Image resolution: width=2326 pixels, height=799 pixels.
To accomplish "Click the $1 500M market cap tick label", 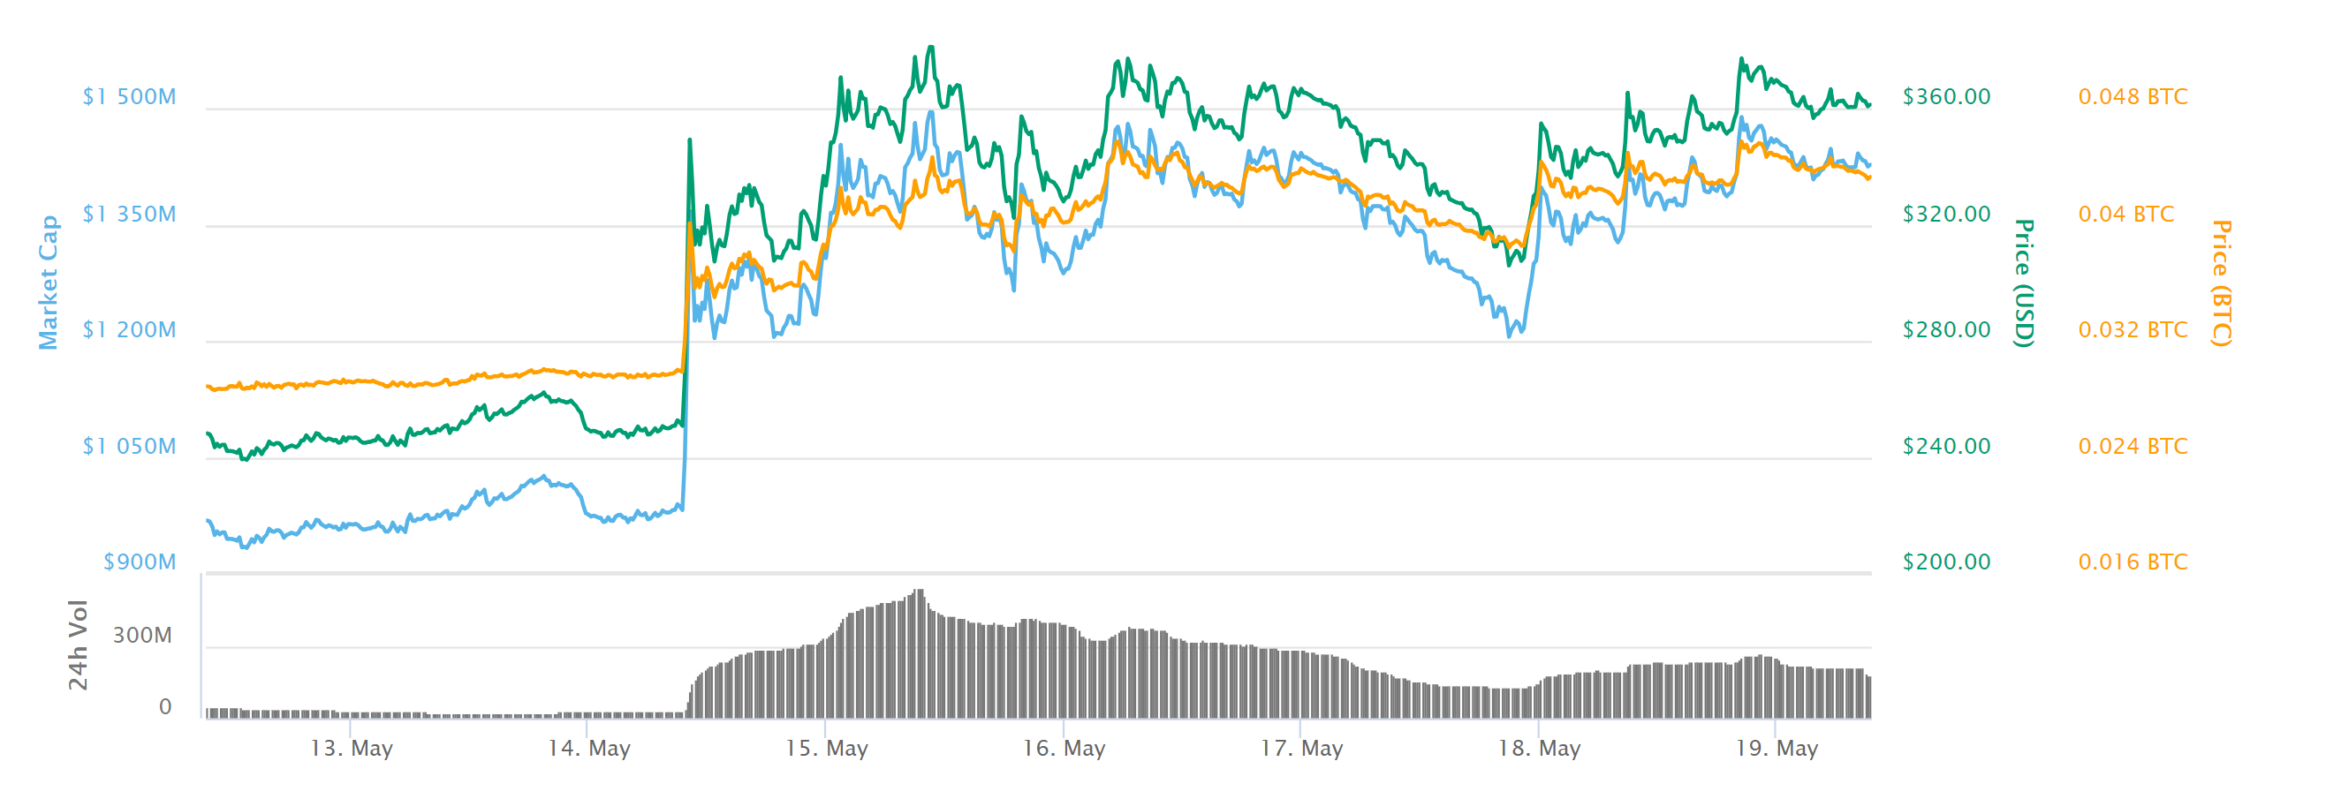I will click(129, 96).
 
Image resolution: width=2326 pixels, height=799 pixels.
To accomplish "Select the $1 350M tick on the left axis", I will click(129, 214).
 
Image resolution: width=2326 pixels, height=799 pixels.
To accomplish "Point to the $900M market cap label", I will click(139, 562).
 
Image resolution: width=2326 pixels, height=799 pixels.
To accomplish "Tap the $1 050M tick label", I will click(129, 446).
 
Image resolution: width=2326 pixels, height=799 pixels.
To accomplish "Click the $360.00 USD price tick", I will click(1946, 96).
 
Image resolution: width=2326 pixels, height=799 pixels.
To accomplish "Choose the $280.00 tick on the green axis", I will click(1946, 329).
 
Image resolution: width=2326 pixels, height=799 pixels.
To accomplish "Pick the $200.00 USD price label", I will click(1946, 562).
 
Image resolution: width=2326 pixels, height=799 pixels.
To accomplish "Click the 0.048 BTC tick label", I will click(2133, 96).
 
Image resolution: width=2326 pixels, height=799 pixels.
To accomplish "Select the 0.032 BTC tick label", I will click(2133, 329).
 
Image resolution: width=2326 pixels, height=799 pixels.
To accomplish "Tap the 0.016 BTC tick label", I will click(2133, 562).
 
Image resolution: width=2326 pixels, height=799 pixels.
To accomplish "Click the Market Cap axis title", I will click(48, 283).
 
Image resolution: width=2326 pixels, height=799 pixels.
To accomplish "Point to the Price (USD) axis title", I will click(2025, 283).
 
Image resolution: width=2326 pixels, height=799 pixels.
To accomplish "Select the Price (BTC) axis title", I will click(2221, 283).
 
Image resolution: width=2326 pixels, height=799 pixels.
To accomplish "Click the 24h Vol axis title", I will click(79, 644).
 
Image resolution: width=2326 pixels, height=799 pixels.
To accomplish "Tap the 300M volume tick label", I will click(141, 636).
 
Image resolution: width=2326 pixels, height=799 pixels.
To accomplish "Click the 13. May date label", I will click(352, 749).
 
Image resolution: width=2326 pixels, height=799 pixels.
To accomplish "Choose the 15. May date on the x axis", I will click(826, 749).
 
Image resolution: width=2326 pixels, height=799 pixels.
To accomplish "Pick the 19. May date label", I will click(1777, 749).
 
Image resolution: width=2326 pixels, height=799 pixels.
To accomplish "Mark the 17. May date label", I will click(1301, 749).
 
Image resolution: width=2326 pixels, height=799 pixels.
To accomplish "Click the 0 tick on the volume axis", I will click(165, 707).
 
